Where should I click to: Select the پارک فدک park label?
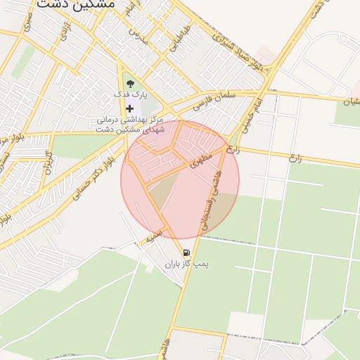[x=129, y=94]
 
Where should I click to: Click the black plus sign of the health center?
[x=129, y=108]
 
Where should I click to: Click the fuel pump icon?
[x=186, y=252]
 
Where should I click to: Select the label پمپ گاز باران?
[x=188, y=264]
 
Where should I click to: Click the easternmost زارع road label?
[x=295, y=157]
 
